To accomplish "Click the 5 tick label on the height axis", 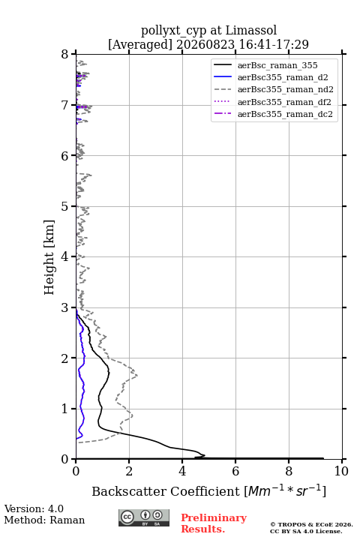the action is coord(65,207).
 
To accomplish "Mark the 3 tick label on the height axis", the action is coord(65,307).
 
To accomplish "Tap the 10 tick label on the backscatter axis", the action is coord(341,471).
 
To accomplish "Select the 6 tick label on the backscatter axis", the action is coord(235,471).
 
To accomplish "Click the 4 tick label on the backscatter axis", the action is coord(182,471).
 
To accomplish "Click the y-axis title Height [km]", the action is coord(49,257).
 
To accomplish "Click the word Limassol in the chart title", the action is coord(251,30).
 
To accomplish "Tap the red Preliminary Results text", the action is coord(214,523).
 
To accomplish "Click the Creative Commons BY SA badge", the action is coord(144,517).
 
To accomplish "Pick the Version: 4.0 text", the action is coord(34,508).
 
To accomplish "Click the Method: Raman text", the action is coord(44,520).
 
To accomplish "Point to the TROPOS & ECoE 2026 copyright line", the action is coord(311,524).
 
